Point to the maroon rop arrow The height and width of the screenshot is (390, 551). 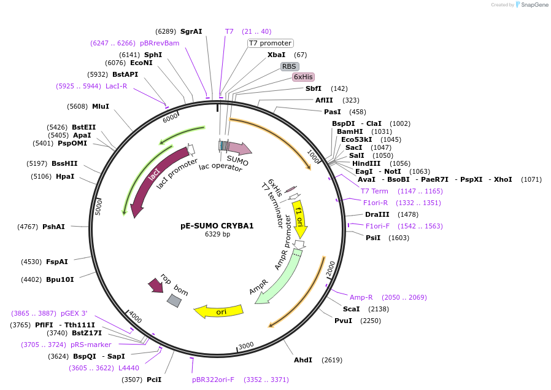156,285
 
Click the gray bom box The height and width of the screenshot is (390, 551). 174,301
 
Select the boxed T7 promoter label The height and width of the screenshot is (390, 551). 270,43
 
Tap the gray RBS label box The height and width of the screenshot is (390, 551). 289,66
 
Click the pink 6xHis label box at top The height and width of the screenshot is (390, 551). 303,77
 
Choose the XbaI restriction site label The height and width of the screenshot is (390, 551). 277,55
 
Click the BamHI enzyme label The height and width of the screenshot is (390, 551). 350,131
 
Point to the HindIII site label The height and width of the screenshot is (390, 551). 366,163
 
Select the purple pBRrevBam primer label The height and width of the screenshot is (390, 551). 160,43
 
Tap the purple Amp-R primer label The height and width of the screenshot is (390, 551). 361,297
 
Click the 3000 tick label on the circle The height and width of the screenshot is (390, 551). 246,346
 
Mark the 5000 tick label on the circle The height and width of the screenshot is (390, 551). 99,207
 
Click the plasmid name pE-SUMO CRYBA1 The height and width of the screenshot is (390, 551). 217,226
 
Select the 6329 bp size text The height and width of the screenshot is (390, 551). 218,234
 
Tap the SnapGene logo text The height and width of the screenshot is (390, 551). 534,4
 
